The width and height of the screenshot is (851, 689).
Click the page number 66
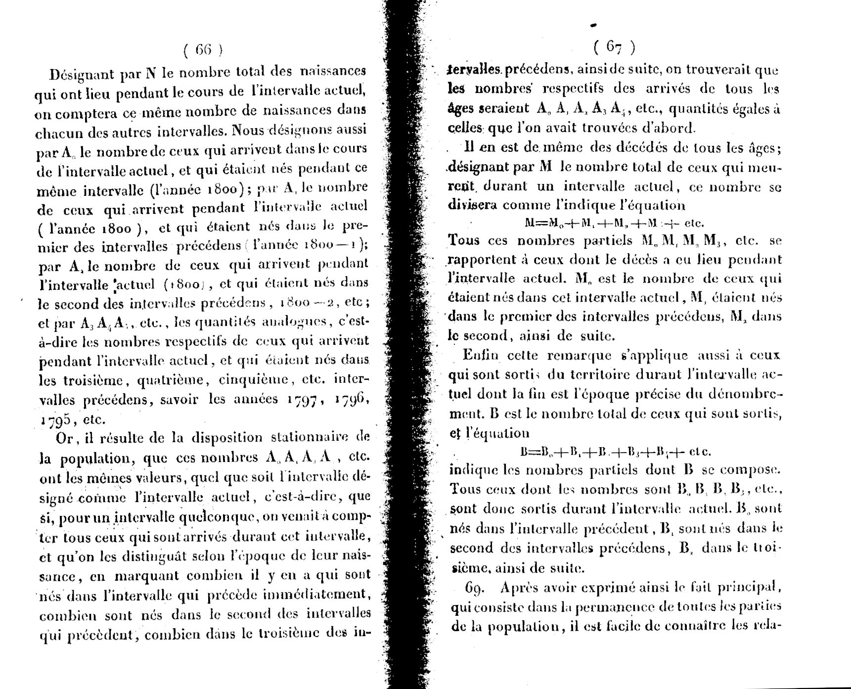pos(203,49)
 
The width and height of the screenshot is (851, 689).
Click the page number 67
pos(614,47)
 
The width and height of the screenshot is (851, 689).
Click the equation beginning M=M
pos(614,223)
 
